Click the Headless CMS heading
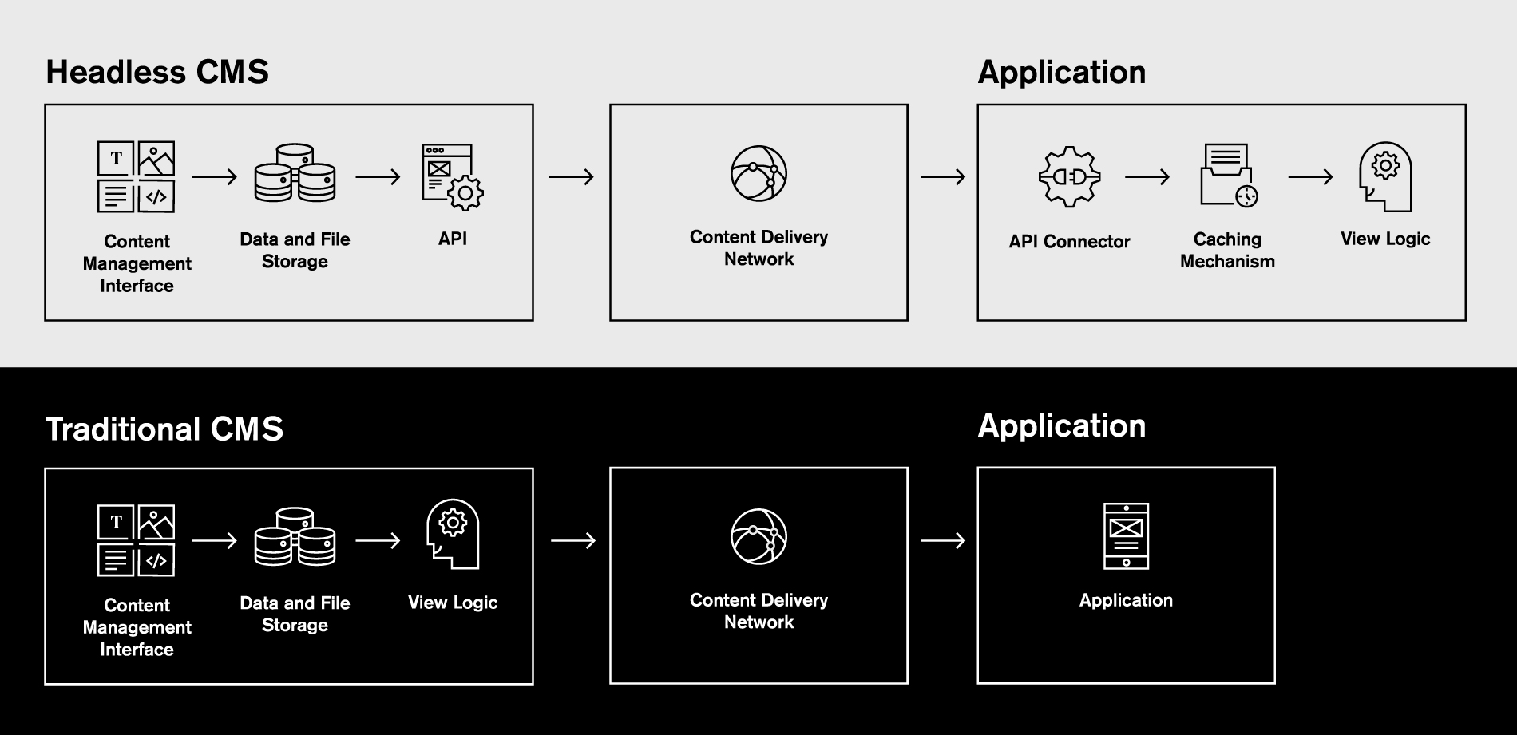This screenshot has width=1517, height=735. (x=157, y=72)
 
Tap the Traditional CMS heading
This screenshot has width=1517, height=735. (x=164, y=429)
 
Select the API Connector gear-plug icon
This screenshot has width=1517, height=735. (x=1069, y=176)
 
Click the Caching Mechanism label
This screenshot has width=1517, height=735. (x=1227, y=250)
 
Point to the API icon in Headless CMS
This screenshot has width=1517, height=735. (x=452, y=176)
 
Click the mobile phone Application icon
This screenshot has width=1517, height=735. (x=1126, y=535)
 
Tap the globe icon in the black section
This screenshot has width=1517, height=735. (x=758, y=536)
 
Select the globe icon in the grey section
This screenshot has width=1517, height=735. (x=758, y=173)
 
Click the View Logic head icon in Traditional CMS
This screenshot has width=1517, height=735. (x=453, y=533)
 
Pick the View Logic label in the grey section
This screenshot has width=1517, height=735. (x=1385, y=239)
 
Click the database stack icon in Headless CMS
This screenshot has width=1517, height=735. (x=295, y=173)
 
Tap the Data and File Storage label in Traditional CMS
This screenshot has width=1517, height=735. (x=295, y=614)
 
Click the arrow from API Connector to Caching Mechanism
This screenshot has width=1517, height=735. (x=1147, y=176)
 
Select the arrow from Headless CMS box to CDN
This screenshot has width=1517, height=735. (x=572, y=176)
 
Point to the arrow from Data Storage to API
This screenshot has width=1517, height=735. (x=378, y=176)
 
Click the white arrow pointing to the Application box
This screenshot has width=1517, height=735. (x=943, y=541)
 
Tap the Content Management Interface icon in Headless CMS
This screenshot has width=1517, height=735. (x=136, y=176)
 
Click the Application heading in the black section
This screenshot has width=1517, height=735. (x=1061, y=425)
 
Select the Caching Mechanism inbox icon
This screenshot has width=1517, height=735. (x=1228, y=175)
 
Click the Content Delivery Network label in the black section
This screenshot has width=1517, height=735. (x=758, y=611)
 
